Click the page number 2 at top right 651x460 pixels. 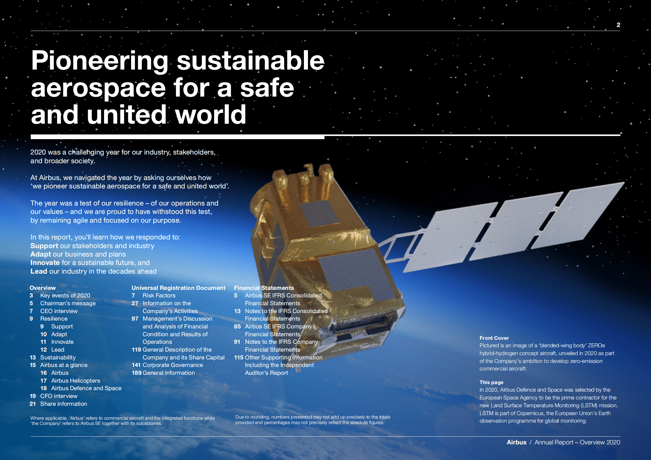[x=618, y=25]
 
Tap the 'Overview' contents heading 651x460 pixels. [x=43, y=288]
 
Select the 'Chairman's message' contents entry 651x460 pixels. [x=68, y=303]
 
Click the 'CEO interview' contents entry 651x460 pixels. [x=59, y=311]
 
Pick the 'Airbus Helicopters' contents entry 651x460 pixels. [x=75, y=381]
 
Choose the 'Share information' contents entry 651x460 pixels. [x=64, y=404]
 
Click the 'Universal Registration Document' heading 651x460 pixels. [x=178, y=288]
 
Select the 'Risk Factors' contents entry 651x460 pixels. [x=159, y=295]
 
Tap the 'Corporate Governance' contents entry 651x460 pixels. [x=173, y=365]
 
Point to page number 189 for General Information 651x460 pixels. [x=137, y=373]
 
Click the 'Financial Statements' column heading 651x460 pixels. [x=264, y=288]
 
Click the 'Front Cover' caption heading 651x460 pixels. [x=494, y=338]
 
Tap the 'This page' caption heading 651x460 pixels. [x=491, y=382]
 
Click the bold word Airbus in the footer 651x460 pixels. [x=516, y=442]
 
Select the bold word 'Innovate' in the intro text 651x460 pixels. [x=45, y=263]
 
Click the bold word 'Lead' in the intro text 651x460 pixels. [x=39, y=271]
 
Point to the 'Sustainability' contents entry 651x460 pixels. [x=58, y=357]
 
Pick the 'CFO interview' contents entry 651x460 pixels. [x=59, y=396]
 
